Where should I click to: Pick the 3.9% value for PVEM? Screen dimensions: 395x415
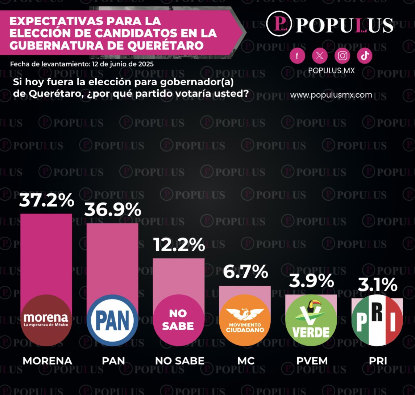[311, 281]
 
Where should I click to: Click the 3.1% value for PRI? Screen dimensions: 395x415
[378, 285]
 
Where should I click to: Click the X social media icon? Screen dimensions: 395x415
[320, 56]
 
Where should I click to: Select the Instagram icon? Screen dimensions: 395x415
[343, 56]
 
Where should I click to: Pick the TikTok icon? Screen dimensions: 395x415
[365, 56]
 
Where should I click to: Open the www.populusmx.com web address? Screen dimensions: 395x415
[331, 95]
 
